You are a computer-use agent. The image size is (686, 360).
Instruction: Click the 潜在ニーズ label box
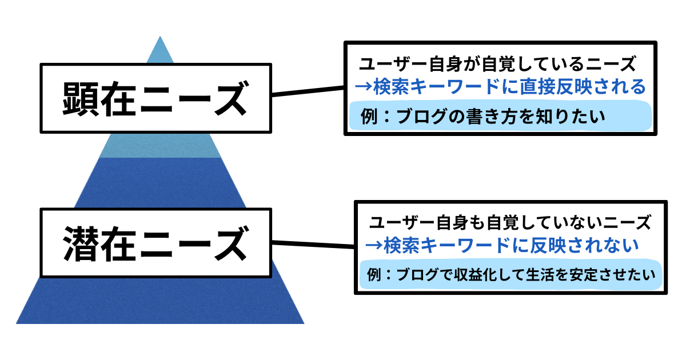(x=154, y=243)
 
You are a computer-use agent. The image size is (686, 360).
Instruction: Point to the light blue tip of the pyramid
(x=160, y=51)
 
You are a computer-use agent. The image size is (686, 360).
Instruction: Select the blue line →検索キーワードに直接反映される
(x=500, y=87)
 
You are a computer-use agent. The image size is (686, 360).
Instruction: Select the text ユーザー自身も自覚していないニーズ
(x=510, y=222)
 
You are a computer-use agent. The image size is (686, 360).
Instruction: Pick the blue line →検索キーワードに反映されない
(x=502, y=246)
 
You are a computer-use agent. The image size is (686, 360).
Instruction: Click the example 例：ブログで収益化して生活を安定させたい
(x=510, y=275)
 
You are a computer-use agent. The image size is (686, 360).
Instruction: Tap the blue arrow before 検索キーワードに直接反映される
(x=363, y=87)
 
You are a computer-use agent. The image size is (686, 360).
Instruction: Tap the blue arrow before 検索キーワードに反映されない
(x=374, y=246)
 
